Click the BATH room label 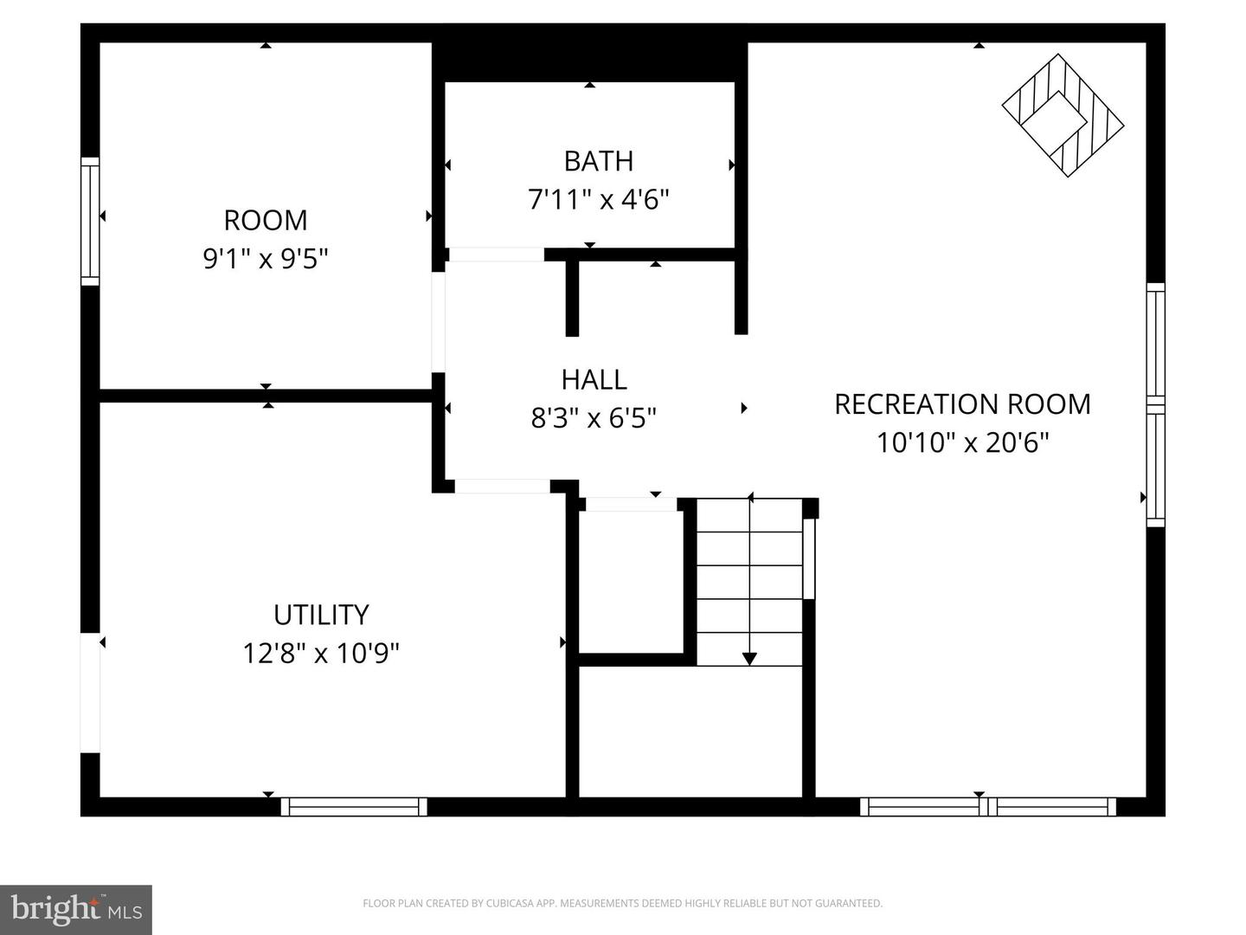pyautogui.click(x=598, y=161)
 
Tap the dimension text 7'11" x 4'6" pyautogui.click(x=598, y=200)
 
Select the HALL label pyautogui.click(x=594, y=379)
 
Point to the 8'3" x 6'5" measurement pyautogui.click(x=594, y=419)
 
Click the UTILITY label pyautogui.click(x=321, y=615)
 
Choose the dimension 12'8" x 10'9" pyautogui.click(x=321, y=653)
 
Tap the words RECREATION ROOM pyautogui.click(x=962, y=404)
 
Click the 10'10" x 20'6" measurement pyautogui.click(x=962, y=443)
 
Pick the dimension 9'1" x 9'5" pyautogui.click(x=266, y=258)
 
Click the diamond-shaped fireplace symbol pyautogui.click(x=1063, y=115)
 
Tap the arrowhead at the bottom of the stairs pyautogui.click(x=749, y=659)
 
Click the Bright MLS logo pyautogui.click(x=76, y=909)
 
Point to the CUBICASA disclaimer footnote pyautogui.click(x=622, y=904)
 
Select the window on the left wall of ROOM pyautogui.click(x=90, y=221)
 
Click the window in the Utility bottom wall pyautogui.click(x=354, y=807)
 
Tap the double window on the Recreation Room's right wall pyautogui.click(x=1155, y=404)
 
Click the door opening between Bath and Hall pyautogui.click(x=496, y=255)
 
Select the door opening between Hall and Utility pyautogui.click(x=502, y=487)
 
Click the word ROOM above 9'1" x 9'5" pyautogui.click(x=266, y=220)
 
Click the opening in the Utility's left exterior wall pyautogui.click(x=90, y=693)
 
